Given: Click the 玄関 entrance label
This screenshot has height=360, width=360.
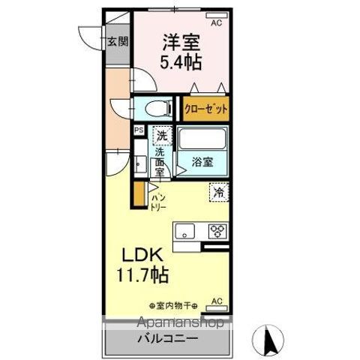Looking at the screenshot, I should (x=115, y=42).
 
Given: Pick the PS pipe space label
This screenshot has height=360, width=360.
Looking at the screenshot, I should (x=138, y=130).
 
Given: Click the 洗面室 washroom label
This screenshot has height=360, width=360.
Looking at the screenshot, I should (x=160, y=160).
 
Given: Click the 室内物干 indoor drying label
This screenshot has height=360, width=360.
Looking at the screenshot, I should (x=172, y=305).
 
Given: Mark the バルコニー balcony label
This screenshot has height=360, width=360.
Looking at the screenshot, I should (x=167, y=339).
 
